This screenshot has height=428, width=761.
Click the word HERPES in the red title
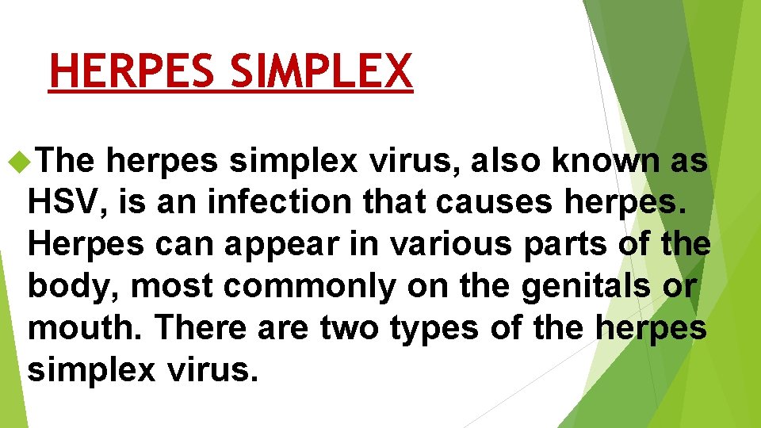tap(132, 71)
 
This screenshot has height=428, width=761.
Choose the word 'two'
tap(350, 327)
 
